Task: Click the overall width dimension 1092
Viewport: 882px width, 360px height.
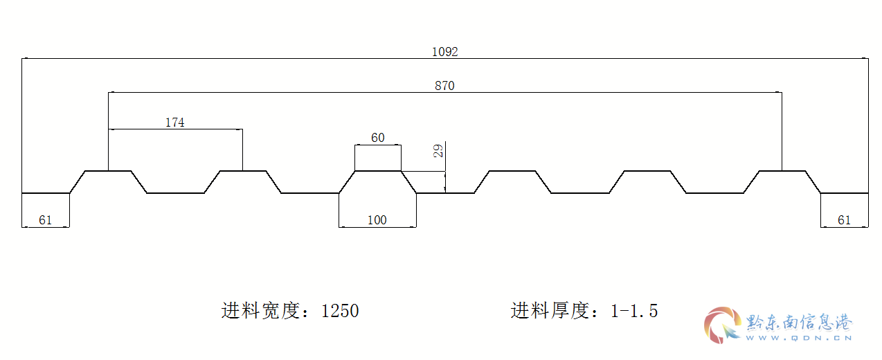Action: click(444, 52)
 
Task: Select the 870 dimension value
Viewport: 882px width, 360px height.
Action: click(444, 85)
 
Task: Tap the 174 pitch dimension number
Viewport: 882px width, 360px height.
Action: click(175, 123)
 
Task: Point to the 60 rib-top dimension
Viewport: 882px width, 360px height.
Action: click(377, 138)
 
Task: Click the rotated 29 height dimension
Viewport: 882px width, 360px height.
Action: click(438, 151)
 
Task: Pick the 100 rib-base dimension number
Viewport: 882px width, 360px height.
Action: click(377, 219)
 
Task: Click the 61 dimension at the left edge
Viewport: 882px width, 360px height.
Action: click(45, 219)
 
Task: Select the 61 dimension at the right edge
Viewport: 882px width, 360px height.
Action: click(844, 219)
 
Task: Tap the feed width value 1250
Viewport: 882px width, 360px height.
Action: click(340, 311)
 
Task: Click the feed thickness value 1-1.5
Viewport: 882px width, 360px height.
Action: click(634, 311)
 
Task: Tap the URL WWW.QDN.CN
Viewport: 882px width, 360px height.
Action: click(799, 338)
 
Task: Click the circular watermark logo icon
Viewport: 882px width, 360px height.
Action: click(723, 325)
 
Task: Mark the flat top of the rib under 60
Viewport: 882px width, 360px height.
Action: click(378, 171)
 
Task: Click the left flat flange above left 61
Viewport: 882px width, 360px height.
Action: click(46, 193)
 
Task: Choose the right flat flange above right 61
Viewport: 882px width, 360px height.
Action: click(845, 193)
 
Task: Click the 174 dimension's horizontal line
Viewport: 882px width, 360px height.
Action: click(175, 129)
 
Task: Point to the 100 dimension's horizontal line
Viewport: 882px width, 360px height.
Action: click(377, 227)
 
